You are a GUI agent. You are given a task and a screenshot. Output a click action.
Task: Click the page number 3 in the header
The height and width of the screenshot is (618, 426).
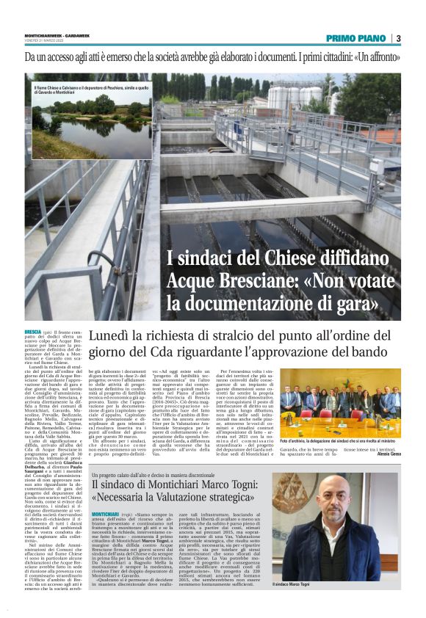coord(398,38)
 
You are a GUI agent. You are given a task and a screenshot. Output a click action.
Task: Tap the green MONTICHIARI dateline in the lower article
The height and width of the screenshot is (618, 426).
coord(102,493)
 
